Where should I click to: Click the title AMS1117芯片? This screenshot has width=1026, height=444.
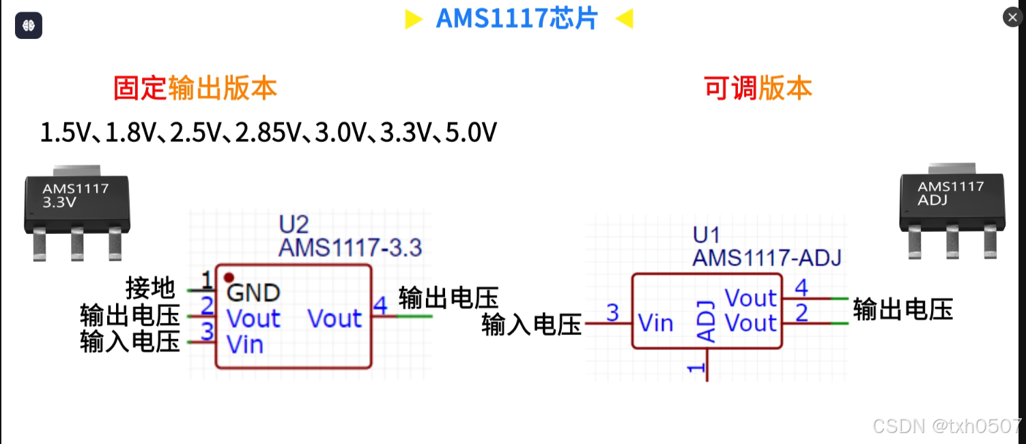tap(517, 18)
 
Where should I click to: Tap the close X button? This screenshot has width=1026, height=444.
tap(1012, 17)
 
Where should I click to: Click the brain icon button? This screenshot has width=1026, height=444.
tap(29, 25)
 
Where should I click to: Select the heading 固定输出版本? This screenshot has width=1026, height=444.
tap(195, 89)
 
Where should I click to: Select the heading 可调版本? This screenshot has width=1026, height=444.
tap(758, 89)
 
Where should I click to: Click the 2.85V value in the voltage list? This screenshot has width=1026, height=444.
tap(267, 132)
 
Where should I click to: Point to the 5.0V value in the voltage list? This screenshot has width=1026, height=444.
tap(471, 132)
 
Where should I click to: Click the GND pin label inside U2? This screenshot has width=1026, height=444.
tap(253, 293)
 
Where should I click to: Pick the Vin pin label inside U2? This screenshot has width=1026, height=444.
tap(245, 344)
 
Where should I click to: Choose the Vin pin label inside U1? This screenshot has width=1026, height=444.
tap(656, 323)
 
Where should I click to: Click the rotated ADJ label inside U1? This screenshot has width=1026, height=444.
tap(707, 321)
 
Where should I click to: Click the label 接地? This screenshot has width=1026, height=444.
tap(151, 288)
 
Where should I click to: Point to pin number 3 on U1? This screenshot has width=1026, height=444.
tap(612, 312)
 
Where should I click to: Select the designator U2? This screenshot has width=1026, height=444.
tap(294, 224)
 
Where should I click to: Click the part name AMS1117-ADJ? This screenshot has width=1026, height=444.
tap(767, 258)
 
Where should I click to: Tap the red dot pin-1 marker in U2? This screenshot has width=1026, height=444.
tap(229, 278)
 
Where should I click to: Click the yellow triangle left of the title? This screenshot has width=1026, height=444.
tap(413, 19)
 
